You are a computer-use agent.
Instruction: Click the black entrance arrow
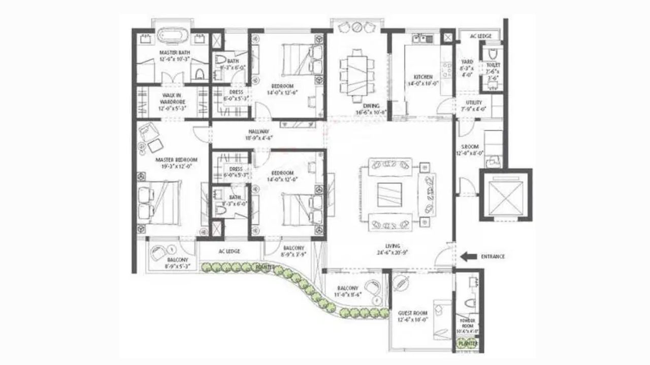(468, 257)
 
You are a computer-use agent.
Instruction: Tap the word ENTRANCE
(493, 257)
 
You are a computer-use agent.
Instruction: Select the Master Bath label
(175, 55)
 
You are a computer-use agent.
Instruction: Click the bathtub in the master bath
(174, 38)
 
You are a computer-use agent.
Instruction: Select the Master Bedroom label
(176, 162)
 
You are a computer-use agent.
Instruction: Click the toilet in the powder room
(469, 303)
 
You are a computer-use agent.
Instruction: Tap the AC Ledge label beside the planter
(229, 251)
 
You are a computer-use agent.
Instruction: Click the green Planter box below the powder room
(468, 343)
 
